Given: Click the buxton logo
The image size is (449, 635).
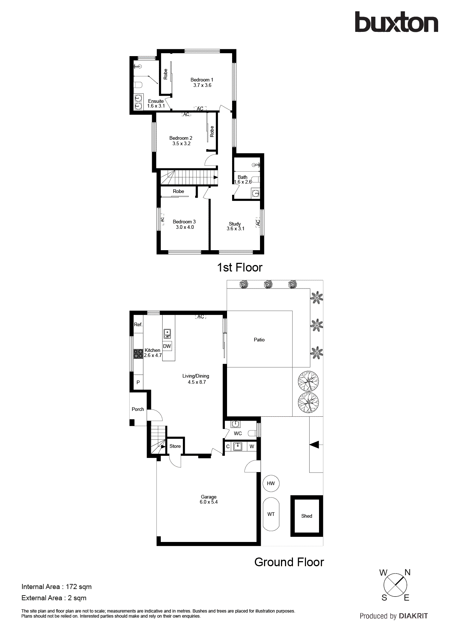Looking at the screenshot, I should [x=396, y=22].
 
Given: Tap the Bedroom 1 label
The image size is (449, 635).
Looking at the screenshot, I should [x=202, y=80].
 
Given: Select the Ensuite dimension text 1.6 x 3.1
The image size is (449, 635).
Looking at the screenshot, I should [x=156, y=106].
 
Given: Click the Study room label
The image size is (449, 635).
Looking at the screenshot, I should [x=235, y=224].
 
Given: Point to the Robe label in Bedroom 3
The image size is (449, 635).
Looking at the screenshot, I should [x=178, y=191].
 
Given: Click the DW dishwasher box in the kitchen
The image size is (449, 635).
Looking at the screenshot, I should [x=167, y=346].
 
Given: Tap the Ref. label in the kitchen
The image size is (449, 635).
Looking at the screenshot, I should [x=138, y=324].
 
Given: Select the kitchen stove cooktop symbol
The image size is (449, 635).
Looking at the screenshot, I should [x=138, y=353].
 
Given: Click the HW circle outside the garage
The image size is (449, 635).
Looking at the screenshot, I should [x=271, y=483].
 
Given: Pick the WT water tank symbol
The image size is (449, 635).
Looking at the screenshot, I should [x=271, y=514].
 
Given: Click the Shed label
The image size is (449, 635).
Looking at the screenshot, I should [x=306, y=516].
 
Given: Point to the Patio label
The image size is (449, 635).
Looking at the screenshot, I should [x=259, y=340].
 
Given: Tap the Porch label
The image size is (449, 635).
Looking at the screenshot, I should [x=138, y=409].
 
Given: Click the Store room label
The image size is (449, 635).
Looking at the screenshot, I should [x=175, y=446].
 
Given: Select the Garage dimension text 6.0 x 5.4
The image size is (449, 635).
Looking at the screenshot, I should [x=209, y=502].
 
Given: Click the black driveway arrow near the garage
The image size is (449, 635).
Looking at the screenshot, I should [x=314, y=445].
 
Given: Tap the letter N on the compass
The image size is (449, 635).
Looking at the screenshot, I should [x=407, y=572].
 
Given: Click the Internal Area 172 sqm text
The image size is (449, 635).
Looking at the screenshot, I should [x=56, y=587].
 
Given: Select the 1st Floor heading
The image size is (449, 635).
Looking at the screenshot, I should [x=239, y=268].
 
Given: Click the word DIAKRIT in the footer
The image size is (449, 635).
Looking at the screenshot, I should [x=413, y=616].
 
